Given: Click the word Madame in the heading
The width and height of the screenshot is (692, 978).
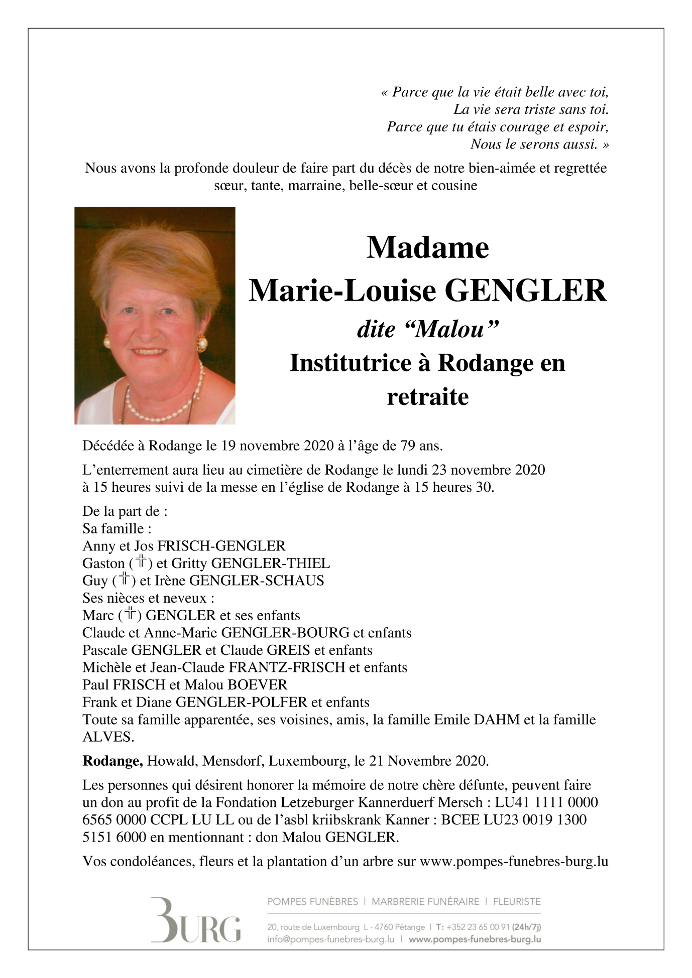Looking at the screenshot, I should tap(427, 247).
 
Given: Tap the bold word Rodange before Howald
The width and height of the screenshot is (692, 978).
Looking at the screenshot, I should tap(112, 761).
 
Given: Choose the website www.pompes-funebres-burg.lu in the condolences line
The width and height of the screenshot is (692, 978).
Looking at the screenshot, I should tap(514, 862).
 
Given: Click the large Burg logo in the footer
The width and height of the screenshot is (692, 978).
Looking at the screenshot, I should tap(196, 920).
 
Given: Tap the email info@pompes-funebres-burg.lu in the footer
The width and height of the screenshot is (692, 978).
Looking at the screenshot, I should tap(330, 939).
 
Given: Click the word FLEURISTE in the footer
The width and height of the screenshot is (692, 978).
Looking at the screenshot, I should tap(517, 902).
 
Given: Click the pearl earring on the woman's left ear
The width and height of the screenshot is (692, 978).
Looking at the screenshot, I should tap(201, 343).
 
